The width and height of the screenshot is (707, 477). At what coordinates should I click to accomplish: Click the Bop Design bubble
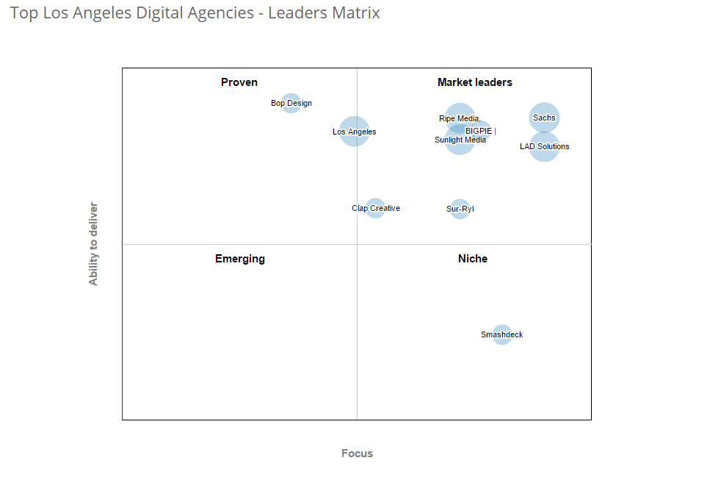(x=291, y=104)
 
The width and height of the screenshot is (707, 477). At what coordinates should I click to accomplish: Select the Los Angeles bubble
(x=355, y=132)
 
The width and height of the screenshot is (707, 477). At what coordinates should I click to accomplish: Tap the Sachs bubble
(x=544, y=118)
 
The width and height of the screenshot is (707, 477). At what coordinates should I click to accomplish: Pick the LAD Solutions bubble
(x=544, y=147)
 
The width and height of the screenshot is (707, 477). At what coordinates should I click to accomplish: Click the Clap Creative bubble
(x=375, y=209)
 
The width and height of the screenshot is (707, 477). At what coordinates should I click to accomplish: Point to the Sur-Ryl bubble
(x=460, y=209)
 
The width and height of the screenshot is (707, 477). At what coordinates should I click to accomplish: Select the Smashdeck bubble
(x=501, y=335)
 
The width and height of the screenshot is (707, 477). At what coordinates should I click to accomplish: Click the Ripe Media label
(x=460, y=118)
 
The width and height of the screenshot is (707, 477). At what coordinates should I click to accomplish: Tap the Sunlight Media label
(x=460, y=140)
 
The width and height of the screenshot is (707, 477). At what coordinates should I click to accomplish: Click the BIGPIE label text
(x=479, y=131)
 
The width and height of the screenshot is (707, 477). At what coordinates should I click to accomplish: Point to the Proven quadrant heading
(x=239, y=82)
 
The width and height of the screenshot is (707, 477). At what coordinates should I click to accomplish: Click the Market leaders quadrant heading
(x=475, y=82)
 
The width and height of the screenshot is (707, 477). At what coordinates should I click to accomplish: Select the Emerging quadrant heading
(x=240, y=259)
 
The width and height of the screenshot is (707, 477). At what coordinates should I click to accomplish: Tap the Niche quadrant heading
(x=473, y=259)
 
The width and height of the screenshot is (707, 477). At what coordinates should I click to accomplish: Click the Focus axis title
(x=357, y=453)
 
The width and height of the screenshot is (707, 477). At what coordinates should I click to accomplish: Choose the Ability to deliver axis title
(x=93, y=244)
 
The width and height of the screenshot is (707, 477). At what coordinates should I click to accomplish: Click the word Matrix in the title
(x=355, y=13)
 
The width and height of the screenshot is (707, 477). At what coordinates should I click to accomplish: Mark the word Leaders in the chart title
(x=296, y=13)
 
